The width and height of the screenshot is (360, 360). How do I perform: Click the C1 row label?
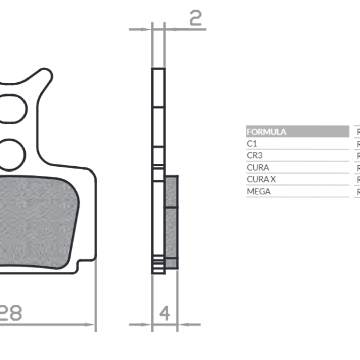pos(251,144)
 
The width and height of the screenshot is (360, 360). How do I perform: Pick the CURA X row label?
pos(261,179)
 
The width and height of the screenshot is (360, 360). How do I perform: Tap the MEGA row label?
pos(259,191)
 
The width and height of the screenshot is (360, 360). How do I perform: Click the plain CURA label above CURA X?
pos(257,167)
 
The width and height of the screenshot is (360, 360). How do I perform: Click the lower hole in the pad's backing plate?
pos(12,152)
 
